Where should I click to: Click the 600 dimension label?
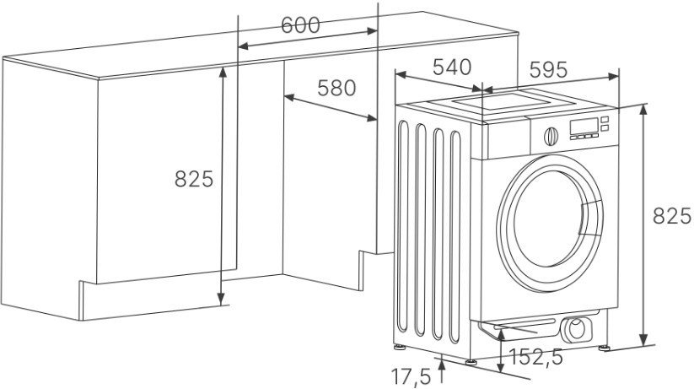[x=300, y=25]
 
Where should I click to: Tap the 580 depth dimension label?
[x=336, y=88]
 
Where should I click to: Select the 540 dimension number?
[x=452, y=68]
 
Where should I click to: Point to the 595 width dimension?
[x=548, y=69]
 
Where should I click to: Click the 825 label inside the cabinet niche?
[x=194, y=179]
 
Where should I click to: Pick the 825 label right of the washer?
[x=672, y=216]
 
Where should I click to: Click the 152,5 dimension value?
[x=536, y=357]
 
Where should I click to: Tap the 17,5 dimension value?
[x=411, y=376]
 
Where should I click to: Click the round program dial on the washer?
[x=551, y=136]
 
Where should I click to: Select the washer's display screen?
[x=584, y=126]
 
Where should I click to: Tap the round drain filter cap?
[x=576, y=330]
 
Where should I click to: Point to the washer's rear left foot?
[x=399, y=346]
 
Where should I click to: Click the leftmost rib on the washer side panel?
[x=402, y=226]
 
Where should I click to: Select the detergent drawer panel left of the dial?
[x=508, y=139]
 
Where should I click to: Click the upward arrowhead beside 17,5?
[x=441, y=365]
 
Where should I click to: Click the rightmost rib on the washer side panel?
[x=455, y=237]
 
